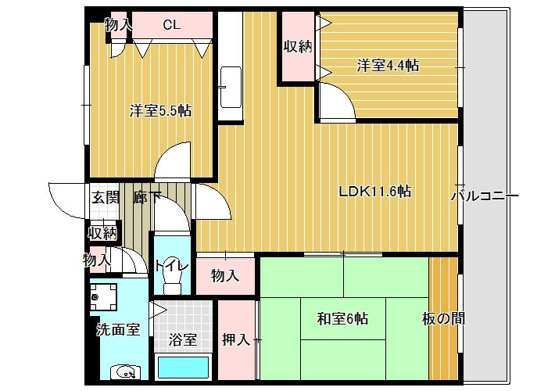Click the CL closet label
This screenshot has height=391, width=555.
pos(172,24)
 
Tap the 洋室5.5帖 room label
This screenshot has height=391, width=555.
pos(160,111)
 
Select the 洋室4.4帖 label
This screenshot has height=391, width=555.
pos(388,66)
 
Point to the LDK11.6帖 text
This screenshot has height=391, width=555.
pos(375,192)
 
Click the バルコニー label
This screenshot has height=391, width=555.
pos(485,195)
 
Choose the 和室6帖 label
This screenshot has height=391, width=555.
pos(342,318)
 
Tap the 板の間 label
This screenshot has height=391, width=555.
pos(443,319)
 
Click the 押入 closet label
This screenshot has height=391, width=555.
pos(236,339)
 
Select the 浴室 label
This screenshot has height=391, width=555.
pos(183,339)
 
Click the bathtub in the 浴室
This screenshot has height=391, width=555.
pos(183,367)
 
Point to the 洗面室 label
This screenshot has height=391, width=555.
pos(118,330)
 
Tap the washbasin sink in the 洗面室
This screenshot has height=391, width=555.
pos(125,372)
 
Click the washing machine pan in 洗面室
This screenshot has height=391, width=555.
pos(103,297)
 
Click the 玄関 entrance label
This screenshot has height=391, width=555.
pos(105,198)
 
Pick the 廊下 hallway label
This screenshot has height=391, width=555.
pos(147,198)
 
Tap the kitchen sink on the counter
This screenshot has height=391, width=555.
pos(231,87)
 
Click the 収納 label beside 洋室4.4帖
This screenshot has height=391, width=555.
pos(298,46)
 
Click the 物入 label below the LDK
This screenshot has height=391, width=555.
pos(225,275)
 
